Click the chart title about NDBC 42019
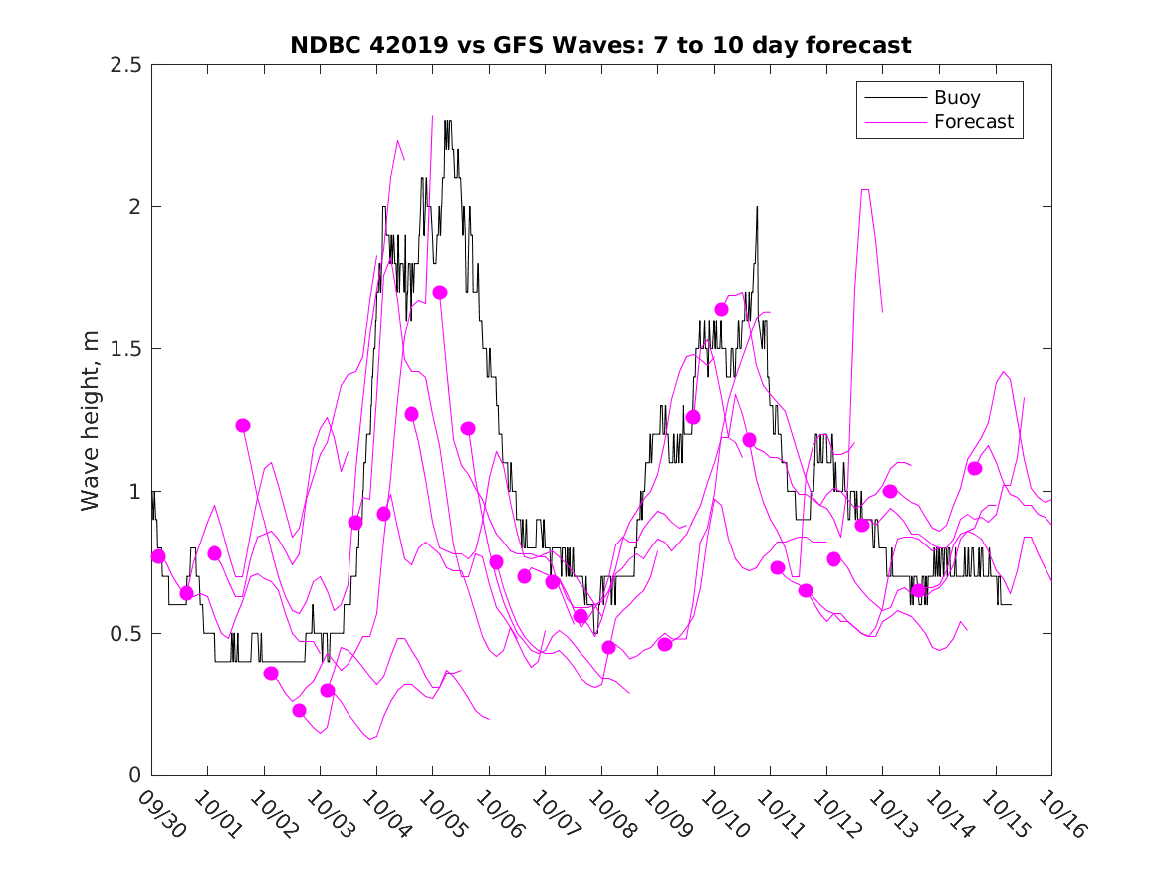pyautogui.click(x=600, y=45)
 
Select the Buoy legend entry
pyautogui.click(x=956, y=98)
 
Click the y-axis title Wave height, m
pyautogui.click(x=91, y=420)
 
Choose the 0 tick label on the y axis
pyautogui.click(x=133, y=775)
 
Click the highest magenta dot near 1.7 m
pyautogui.click(x=440, y=292)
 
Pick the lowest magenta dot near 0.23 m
pyautogui.click(x=299, y=710)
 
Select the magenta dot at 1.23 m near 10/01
pyautogui.click(x=243, y=425)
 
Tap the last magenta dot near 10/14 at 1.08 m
pyautogui.click(x=975, y=468)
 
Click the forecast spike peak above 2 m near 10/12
pyautogui.click(x=865, y=189)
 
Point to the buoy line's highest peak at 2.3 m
pyautogui.click(x=448, y=122)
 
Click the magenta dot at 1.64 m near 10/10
pyautogui.click(x=721, y=309)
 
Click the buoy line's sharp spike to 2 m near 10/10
pyautogui.click(x=757, y=207)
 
